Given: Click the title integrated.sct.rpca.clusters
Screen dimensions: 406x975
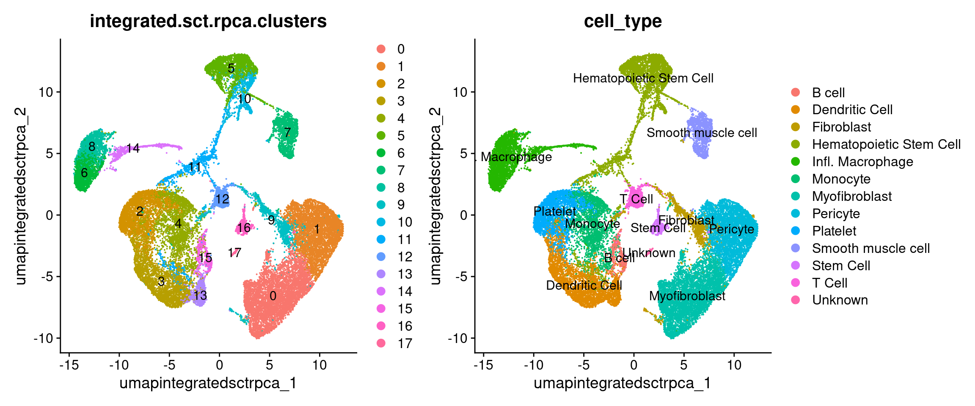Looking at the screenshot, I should [208, 21].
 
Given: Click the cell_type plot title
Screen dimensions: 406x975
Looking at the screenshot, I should [622, 21].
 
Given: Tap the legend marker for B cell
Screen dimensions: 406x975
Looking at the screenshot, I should [796, 93].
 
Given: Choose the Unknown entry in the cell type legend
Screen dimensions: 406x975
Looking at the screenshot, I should [840, 300].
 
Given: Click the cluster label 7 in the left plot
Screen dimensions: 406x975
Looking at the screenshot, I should [287, 132].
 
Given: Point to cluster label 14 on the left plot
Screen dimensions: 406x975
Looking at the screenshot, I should [133, 148].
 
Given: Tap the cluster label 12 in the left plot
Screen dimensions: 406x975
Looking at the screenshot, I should [222, 199].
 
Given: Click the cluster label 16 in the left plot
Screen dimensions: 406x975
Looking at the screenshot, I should [244, 228].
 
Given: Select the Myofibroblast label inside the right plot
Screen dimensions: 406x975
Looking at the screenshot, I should [687, 296].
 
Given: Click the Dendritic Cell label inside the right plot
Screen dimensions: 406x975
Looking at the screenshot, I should [584, 285].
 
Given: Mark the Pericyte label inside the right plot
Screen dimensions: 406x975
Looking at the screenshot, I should [731, 229].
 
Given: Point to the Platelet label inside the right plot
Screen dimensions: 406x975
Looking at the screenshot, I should [554, 211].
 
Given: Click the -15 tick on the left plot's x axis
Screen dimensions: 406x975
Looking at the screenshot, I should [69, 365].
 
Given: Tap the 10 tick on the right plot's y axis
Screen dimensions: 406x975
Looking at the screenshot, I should [460, 92].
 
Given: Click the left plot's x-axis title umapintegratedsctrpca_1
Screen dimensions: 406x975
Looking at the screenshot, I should [208, 383].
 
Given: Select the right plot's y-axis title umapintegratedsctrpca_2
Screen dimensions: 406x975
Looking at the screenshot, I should [435, 196].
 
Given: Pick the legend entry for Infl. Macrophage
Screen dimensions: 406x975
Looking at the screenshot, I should [862, 162].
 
